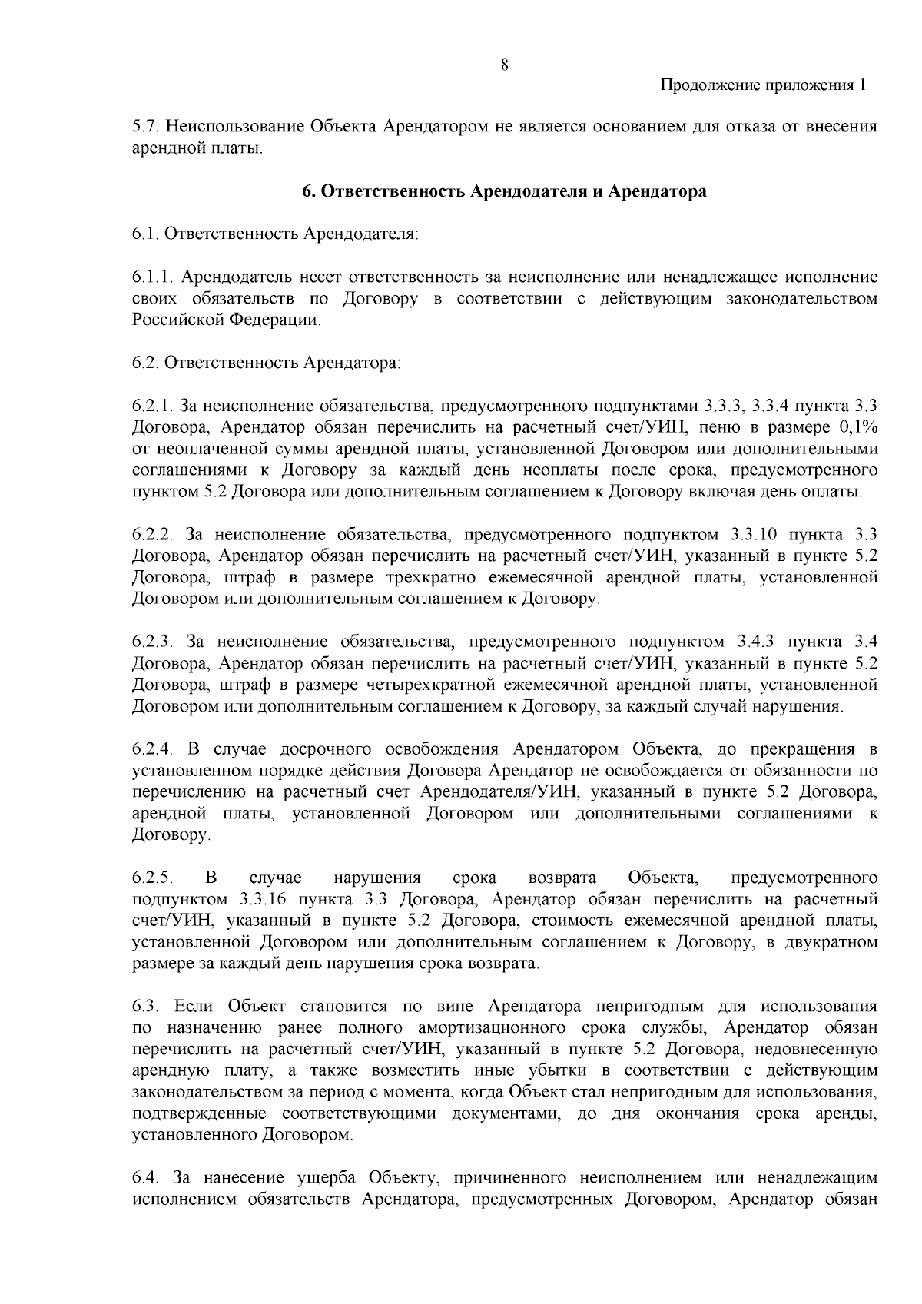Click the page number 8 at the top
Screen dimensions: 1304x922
(x=505, y=65)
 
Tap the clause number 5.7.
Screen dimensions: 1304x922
(x=144, y=126)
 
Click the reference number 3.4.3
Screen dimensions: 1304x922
(x=758, y=642)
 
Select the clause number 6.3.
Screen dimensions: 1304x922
(x=144, y=1007)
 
